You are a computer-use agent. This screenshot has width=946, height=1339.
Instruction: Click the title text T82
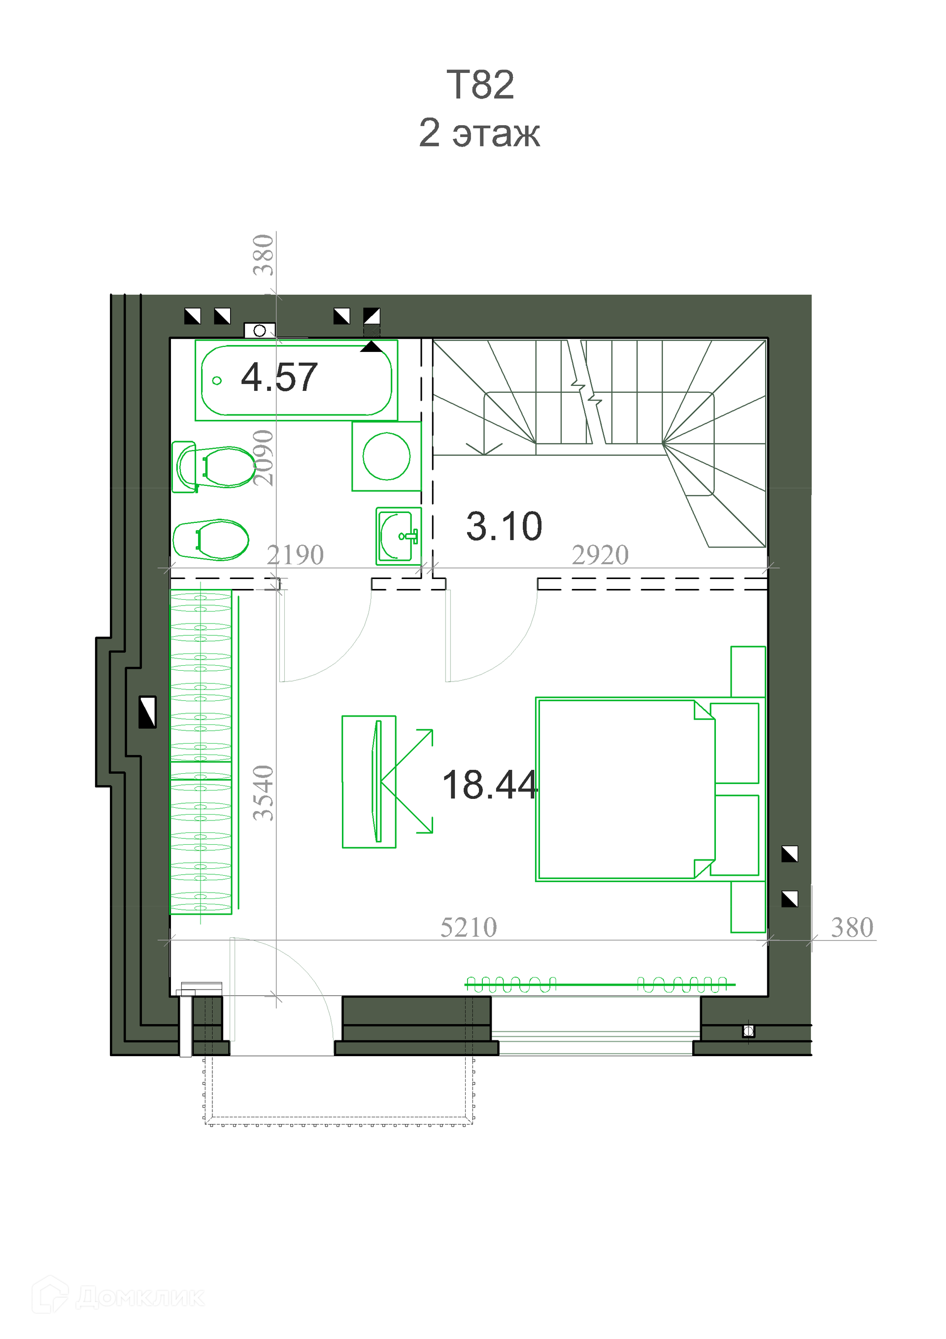click(480, 85)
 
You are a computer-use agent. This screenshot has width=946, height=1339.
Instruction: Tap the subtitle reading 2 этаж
click(479, 133)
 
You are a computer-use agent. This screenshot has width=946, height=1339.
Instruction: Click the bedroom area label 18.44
click(489, 785)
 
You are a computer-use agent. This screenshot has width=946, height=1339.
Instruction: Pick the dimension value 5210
click(469, 927)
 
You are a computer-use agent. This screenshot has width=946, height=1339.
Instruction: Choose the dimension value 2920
click(600, 554)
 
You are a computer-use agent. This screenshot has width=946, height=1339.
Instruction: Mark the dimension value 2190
click(295, 554)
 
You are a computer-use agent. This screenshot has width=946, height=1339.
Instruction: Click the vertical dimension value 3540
click(263, 792)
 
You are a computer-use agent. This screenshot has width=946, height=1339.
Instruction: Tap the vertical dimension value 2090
click(263, 458)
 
